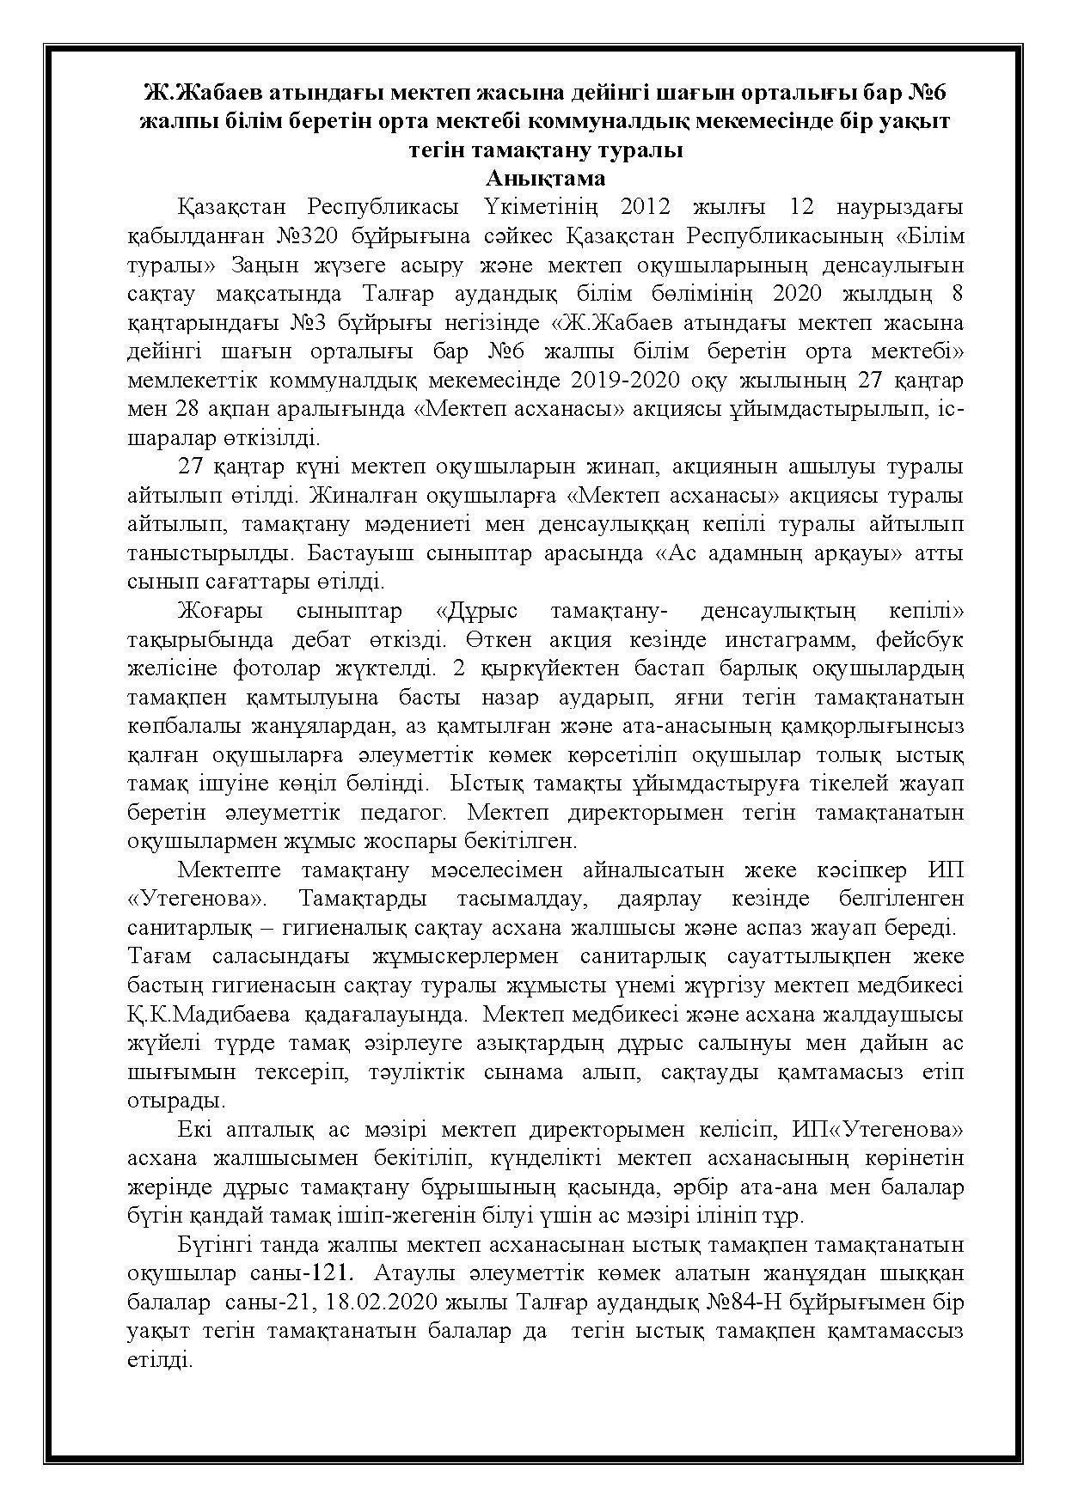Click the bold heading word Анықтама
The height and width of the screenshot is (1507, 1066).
click(x=545, y=179)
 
